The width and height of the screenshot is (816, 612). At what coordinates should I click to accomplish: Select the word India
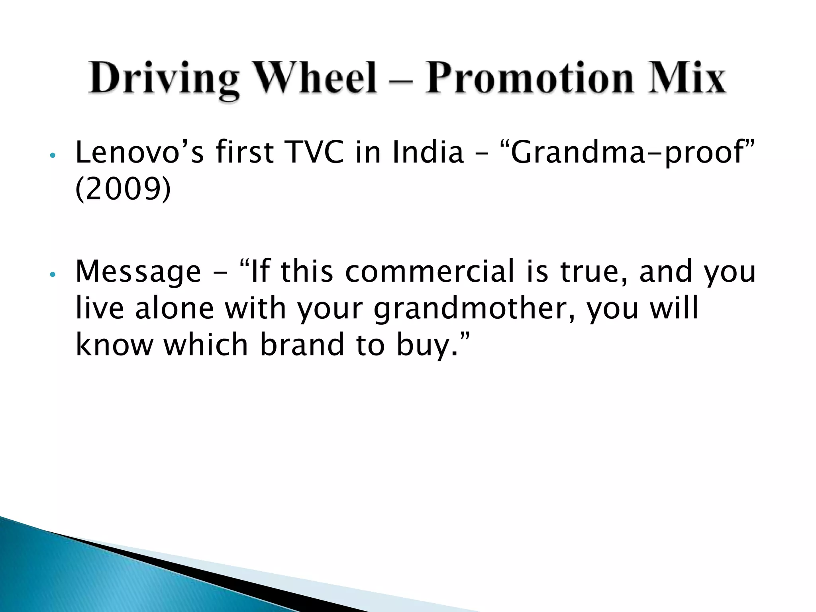tap(428, 152)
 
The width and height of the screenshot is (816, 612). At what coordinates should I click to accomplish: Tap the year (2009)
tap(123, 189)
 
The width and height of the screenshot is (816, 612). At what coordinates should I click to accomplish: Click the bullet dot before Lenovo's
tap(52, 155)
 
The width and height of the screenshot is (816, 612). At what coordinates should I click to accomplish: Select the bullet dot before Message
tap(52, 275)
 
